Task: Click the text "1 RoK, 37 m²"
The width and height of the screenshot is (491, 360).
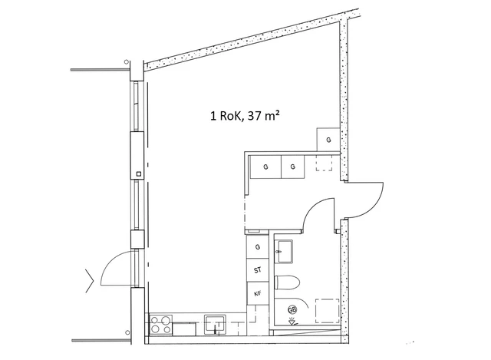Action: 245,116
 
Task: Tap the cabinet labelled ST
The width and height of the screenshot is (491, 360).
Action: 258,270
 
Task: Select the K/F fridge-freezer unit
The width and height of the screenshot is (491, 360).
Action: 258,293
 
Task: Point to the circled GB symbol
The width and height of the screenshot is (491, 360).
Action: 292,310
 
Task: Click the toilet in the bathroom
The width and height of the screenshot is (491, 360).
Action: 287,282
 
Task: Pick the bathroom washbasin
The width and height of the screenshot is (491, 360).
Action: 284,252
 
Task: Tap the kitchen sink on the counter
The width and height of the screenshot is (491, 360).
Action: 215,324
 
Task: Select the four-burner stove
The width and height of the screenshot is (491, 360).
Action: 161,324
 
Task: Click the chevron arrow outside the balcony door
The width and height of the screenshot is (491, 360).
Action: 90,280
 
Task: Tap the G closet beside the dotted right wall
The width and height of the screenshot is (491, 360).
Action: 328,140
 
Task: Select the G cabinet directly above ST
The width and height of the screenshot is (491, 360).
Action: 258,247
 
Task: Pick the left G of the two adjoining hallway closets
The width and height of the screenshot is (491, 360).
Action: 265,167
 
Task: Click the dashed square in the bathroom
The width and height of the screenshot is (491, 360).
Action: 328,311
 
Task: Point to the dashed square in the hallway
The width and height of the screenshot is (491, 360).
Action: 324,163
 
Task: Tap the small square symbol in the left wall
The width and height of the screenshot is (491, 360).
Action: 139,173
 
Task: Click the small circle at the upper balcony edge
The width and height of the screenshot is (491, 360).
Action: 126,61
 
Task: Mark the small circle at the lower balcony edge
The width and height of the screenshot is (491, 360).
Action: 127,332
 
